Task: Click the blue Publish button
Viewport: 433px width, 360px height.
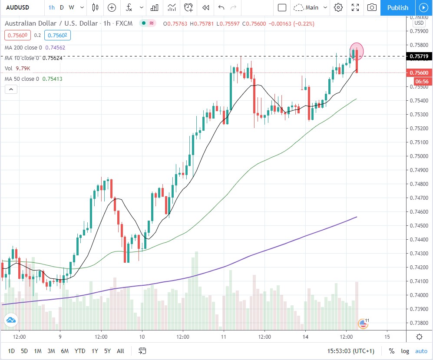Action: [x=397, y=7]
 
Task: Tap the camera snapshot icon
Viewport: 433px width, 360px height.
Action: [x=372, y=7]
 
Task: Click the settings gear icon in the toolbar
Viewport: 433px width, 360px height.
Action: [x=338, y=7]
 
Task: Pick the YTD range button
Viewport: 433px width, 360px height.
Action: [x=79, y=351]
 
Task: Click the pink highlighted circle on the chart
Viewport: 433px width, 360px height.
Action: [x=357, y=50]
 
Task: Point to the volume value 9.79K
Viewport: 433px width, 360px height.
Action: [x=24, y=68]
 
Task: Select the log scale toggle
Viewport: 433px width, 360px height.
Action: [x=405, y=351]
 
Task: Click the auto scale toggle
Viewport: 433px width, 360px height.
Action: [x=421, y=351]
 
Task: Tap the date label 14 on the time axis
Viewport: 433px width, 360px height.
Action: [x=306, y=337]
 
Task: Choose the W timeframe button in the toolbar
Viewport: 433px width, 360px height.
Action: [x=71, y=7]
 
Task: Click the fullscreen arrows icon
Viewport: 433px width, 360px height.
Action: [x=355, y=7]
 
